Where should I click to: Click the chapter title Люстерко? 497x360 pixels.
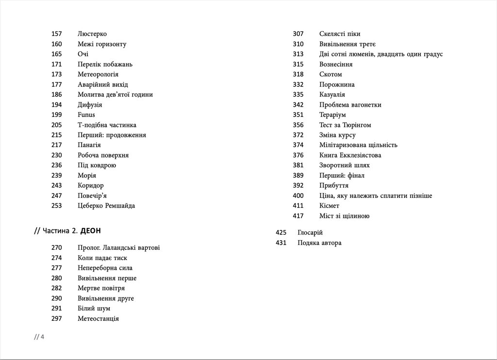point(92,34)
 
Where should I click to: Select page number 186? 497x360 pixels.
point(56,95)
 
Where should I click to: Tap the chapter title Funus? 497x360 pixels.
point(86,115)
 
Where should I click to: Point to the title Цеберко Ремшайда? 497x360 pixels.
point(106,206)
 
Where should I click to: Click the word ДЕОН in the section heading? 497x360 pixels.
point(90,230)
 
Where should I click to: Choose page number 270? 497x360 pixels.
point(56,248)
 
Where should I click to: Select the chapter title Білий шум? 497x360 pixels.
point(94,309)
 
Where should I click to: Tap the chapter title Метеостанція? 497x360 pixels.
point(98,319)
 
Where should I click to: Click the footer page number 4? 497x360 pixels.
point(42,337)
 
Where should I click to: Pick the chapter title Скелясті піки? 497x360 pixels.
point(340,34)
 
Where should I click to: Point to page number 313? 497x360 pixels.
point(298,54)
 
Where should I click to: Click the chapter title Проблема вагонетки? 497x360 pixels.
point(350,105)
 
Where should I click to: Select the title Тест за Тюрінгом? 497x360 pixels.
point(345,125)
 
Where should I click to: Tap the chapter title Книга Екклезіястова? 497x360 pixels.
point(350,155)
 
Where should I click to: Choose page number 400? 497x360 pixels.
point(298,196)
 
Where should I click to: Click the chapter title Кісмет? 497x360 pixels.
point(330,206)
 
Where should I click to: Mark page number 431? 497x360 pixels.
point(281,243)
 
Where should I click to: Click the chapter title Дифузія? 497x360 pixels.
point(90,105)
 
